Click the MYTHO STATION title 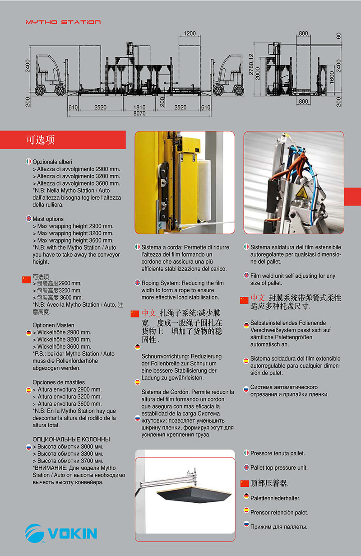point(63,22)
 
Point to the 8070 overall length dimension point(139,114)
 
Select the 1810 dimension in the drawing point(139,107)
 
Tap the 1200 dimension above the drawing point(190,33)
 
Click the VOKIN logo point(61,533)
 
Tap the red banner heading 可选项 point(40,140)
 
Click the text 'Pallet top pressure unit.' point(279,467)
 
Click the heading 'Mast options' point(48,219)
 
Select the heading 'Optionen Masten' point(53,325)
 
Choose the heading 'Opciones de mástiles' point(59,382)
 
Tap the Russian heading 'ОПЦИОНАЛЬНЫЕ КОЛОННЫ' point(71,439)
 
